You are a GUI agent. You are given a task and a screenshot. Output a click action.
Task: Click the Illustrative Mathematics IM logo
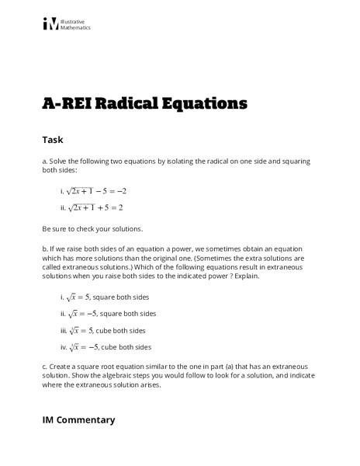tap(50, 24)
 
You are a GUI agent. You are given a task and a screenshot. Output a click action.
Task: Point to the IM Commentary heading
tap(78, 419)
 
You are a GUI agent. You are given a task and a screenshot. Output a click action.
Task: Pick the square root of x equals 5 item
tap(104, 297)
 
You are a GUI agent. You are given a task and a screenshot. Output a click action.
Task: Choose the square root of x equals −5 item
tap(107, 314)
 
